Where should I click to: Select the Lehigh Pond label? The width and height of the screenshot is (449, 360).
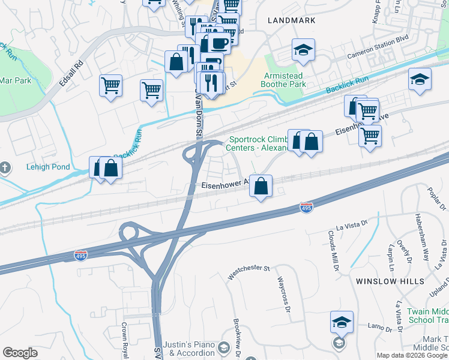(x=48, y=167)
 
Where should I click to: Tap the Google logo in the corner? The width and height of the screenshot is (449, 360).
(x=20, y=353)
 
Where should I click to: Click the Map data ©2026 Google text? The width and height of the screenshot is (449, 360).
(x=412, y=355)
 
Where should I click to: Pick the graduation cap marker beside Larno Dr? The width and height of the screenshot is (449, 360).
(x=342, y=322)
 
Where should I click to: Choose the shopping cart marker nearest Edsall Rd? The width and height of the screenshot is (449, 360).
(x=111, y=87)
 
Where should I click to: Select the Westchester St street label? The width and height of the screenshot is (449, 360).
(x=249, y=272)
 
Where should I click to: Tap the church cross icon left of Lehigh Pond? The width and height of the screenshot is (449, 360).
(x=5, y=167)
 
